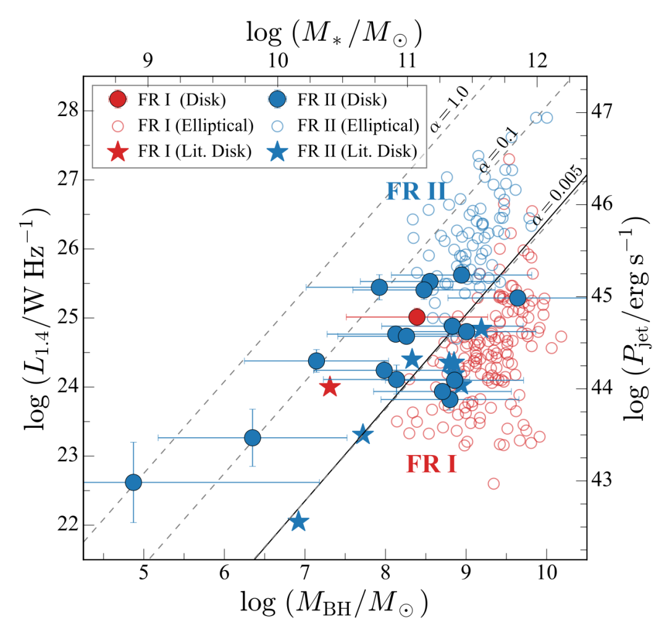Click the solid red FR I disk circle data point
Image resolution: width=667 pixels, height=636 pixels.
(417, 317)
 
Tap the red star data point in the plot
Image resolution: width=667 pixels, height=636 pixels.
(329, 387)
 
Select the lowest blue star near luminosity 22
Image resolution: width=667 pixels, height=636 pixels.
(299, 522)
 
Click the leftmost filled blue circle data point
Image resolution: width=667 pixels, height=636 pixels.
(133, 482)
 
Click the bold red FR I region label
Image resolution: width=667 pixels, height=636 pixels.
(431, 464)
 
